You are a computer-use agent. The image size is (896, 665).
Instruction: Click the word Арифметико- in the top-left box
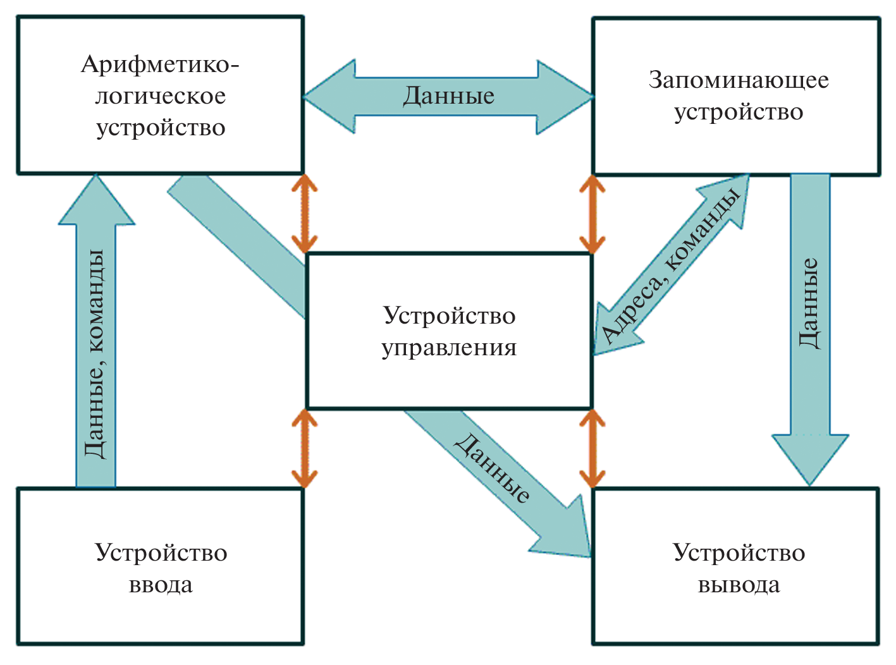pyautogui.click(x=160, y=64)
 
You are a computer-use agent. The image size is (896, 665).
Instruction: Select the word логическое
pyautogui.click(x=160, y=96)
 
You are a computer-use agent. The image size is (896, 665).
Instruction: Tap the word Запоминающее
pyautogui.click(x=738, y=80)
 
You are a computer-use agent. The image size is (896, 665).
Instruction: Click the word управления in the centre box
pyautogui.click(x=449, y=348)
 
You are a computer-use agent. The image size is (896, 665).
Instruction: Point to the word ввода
pyautogui.click(x=161, y=585)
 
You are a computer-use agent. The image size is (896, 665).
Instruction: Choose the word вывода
pyautogui.click(x=739, y=585)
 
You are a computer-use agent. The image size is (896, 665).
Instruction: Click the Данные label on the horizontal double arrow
pyautogui.click(x=448, y=96)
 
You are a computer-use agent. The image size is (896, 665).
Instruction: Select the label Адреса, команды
pyautogui.click(x=671, y=266)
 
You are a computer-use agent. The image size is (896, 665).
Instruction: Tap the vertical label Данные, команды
pyautogui.click(x=95, y=354)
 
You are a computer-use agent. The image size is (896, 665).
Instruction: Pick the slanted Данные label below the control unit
pyautogui.click(x=493, y=468)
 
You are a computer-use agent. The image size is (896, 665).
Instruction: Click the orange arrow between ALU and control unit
pyautogui.click(x=304, y=214)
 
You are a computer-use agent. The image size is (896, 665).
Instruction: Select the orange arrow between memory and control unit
pyautogui.click(x=592, y=214)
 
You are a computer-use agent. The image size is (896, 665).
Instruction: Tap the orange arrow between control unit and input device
pyautogui.click(x=304, y=448)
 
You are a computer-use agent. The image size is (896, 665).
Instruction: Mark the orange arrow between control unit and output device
pyautogui.click(x=592, y=448)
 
